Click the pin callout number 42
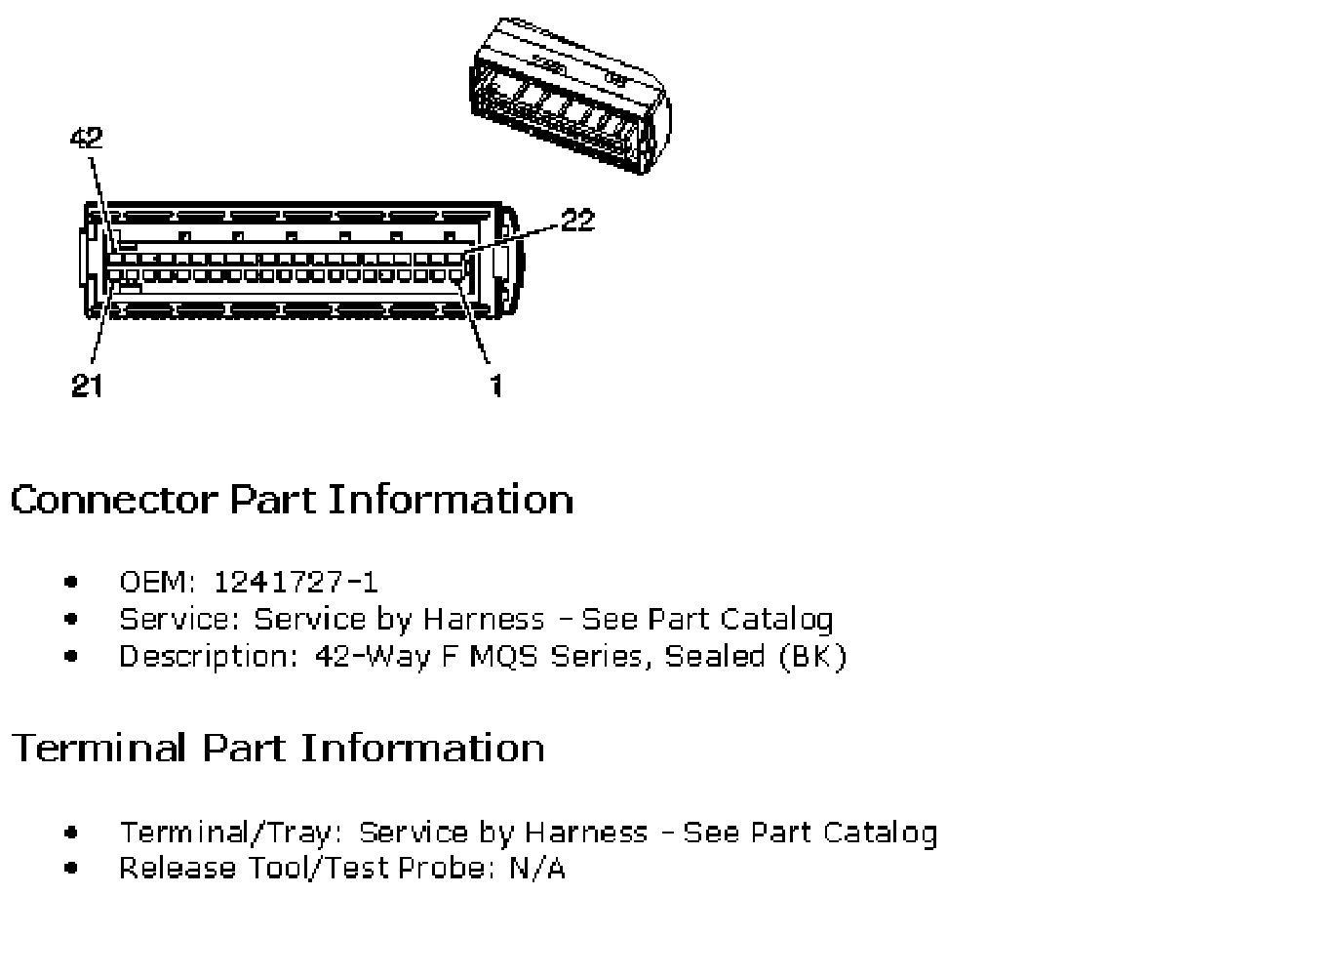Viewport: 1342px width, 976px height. click(x=87, y=138)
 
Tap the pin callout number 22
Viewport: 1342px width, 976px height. click(x=578, y=220)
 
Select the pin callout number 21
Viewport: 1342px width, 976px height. click(x=87, y=385)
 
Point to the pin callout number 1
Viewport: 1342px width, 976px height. click(x=496, y=385)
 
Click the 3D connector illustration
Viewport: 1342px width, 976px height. click(x=570, y=96)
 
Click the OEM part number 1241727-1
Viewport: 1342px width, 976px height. click(x=296, y=582)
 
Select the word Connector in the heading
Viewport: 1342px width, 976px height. click(x=114, y=500)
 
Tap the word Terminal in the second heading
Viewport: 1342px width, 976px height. click(x=99, y=748)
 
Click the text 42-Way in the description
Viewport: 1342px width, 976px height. click(x=373, y=657)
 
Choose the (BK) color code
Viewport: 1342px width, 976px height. click(x=813, y=657)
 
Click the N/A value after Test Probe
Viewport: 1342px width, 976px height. click(x=537, y=868)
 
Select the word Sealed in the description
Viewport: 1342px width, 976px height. click(x=715, y=656)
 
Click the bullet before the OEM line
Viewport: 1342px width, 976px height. click(x=70, y=582)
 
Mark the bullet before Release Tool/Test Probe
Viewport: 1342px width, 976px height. click(x=70, y=868)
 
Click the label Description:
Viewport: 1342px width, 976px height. click(x=209, y=657)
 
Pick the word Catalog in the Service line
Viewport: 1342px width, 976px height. click(x=776, y=620)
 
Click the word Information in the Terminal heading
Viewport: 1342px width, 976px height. click(x=422, y=748)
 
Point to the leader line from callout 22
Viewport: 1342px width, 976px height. click(x=512, y=237)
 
